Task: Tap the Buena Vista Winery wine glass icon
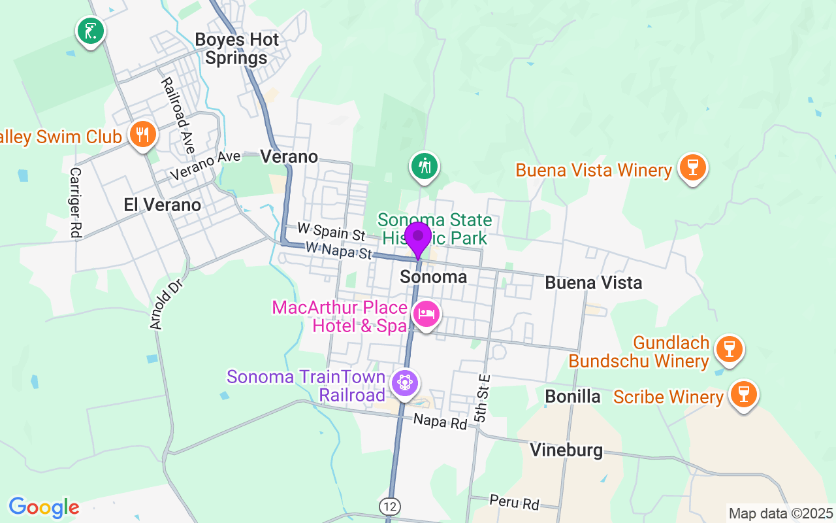tap(693, 167)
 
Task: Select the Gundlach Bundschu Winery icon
tap(729, 349)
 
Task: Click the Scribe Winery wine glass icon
tap(743, 394)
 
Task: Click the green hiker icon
tap(425, 166)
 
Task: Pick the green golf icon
tap(91, 31)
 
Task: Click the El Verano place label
tap(162, 205)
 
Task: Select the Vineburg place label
tap(566, 450)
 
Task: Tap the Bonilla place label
tap(572, 396)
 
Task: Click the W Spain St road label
tap(330, 231)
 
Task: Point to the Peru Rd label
tap(514, 502)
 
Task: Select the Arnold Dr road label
tap(165, 305)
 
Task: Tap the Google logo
tap(44, 507)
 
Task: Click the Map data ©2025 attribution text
tap(781, 513)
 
